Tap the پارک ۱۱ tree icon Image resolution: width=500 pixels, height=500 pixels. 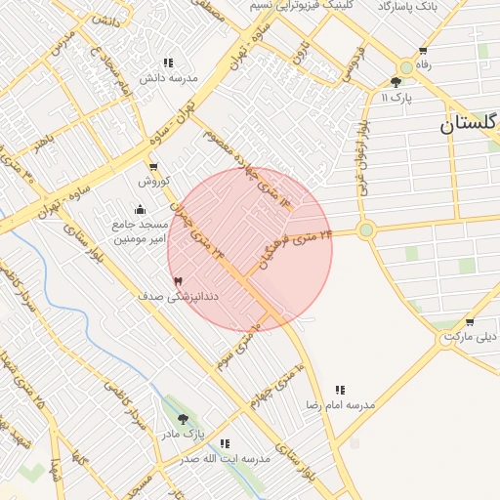click(x=396, y=83)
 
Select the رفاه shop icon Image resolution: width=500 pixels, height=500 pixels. click(x=422, y=51)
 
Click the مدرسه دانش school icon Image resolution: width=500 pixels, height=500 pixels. click(x=168, y=62)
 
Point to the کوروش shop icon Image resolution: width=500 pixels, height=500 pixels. click(x=153, y=167)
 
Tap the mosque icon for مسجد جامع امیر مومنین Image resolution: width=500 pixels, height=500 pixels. click(x=140, y=208)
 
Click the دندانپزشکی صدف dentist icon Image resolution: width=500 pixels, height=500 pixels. click(x=178, y=280)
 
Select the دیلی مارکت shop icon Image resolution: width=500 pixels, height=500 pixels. click(x=470, y=321)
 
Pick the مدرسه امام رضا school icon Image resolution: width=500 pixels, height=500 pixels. click(x=340, y=389)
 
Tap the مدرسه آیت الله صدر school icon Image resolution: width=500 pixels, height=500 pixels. click(x=225, y=443)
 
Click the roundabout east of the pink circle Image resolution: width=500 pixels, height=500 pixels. click(x=366, y=230)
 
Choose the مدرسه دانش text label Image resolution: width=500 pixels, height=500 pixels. click(x=168, y=77)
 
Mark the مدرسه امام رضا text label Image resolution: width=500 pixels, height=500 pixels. click(x=340, y=403)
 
